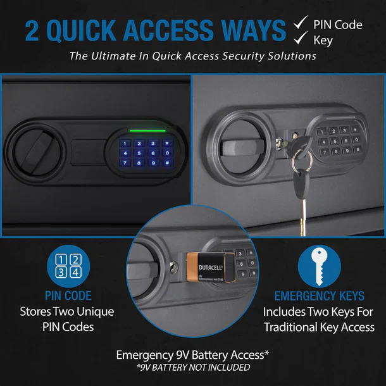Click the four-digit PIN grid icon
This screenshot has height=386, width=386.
coord(68,266)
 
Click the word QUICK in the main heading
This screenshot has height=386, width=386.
coord(104,30)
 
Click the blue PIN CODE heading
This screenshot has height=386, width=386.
coord(68,296)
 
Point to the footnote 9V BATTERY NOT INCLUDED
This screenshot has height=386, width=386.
coord(193,367)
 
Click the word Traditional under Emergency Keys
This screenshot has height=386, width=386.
coord(296,328)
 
